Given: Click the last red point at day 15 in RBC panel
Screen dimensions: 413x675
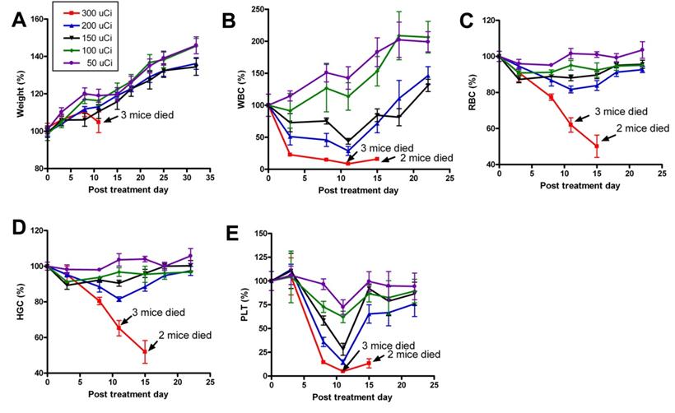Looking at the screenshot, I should (x=597, y=146).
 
